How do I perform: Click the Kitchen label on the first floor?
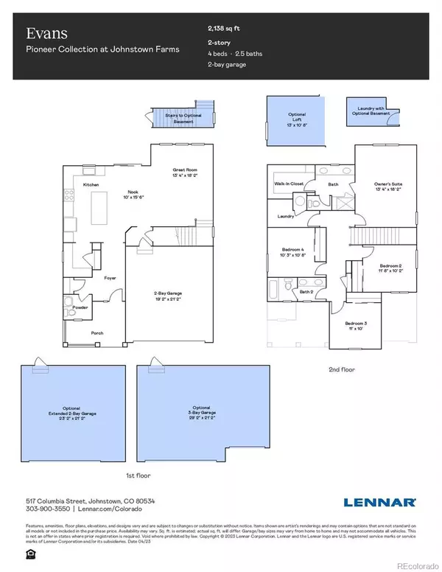point(91,184)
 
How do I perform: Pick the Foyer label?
point(110,278)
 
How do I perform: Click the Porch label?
point(97,333)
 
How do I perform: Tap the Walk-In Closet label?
point(290,182)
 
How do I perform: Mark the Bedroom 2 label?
point(390,266)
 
